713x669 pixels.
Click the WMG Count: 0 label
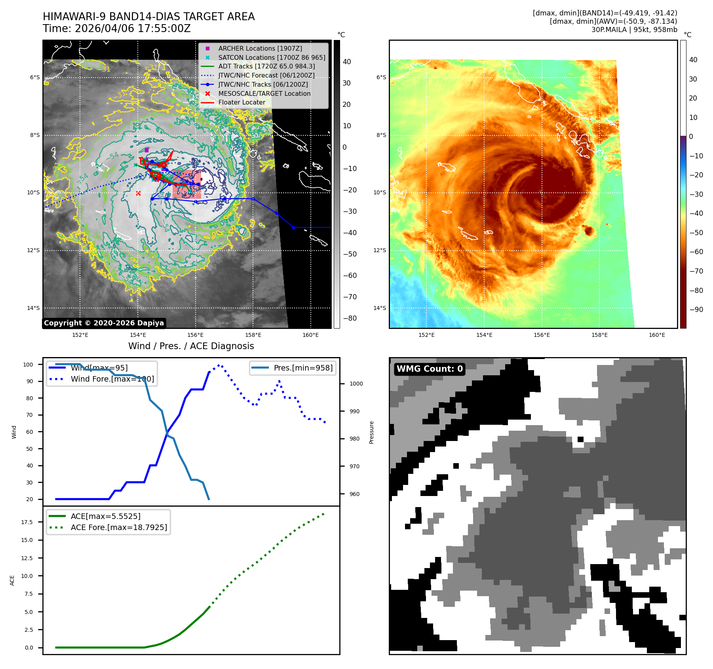[x=430, y=369]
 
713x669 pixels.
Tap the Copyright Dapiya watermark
[x=104, y=323]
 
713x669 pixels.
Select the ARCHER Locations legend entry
[x=260, y=48]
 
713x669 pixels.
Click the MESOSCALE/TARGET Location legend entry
[x=264, y=93]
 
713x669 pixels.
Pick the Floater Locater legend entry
[x=241, y=102]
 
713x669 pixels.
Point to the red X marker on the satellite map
[x=138, y=193]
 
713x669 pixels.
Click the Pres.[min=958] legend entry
[x=303, y=368]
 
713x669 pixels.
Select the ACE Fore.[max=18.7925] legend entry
[x=118, y=527]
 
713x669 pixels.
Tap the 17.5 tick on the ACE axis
[x=27, y=522]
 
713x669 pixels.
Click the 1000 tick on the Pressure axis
[x=356, y=384]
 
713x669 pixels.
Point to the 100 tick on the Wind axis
[x=28, y=365]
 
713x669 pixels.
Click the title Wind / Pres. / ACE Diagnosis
[x=191, y=346]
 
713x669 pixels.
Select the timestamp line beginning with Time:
[x=117, y=29]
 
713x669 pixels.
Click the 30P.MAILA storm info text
[x=634, y=30]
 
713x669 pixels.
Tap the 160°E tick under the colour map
[x=657, y=335]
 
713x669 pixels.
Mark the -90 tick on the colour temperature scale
[x=696, y=310]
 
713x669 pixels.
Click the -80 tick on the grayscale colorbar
[x=350, y=318]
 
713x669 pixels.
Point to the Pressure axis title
[x=371, y=432]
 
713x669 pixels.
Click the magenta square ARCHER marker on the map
[x=146, y=150]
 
